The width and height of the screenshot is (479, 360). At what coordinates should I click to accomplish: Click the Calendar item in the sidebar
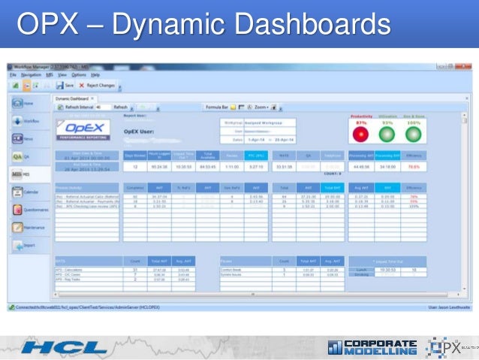24,192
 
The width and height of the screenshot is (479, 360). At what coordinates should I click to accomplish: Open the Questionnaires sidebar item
26,210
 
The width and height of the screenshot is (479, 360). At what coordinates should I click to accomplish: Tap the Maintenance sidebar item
26,227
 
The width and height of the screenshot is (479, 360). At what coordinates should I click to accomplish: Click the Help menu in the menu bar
95,75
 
